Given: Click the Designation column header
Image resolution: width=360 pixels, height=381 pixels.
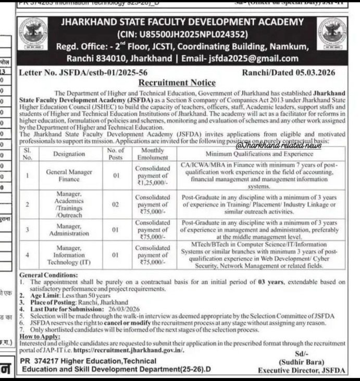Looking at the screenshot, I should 69,154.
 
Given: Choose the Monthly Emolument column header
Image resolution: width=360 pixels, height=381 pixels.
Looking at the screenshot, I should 152,154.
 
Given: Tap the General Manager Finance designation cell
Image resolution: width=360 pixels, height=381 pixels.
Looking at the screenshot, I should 69,175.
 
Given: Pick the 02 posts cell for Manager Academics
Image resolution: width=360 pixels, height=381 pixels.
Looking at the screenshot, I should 117,205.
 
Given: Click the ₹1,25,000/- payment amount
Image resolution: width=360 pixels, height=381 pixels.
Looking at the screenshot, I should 152,183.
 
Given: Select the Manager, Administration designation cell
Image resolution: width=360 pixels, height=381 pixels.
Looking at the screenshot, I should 69,230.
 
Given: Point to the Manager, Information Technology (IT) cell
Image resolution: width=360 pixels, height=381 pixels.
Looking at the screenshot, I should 69,255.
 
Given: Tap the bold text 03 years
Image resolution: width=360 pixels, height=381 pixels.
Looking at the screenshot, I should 270,282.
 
